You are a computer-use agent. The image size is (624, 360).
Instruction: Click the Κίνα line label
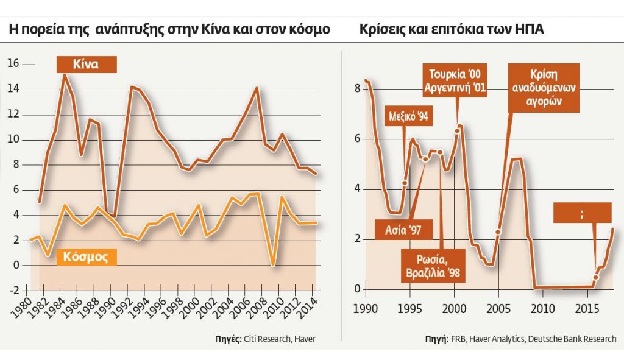tap(85, 64)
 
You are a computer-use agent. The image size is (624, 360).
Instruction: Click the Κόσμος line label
tap(85, 257)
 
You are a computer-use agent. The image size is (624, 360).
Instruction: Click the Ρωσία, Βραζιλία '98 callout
tap(433, 265)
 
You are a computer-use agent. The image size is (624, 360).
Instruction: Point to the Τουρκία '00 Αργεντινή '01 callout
tap(455, 82)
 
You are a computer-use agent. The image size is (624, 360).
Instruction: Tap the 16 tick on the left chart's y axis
tap(13, 64)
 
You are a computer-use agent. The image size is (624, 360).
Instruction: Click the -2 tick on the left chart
tap(13, 291)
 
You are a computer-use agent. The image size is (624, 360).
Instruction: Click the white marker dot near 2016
tap(595, 277)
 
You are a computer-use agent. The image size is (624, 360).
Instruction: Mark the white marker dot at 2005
tap(498, 232)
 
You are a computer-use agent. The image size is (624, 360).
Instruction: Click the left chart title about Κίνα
tap(169, 30)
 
